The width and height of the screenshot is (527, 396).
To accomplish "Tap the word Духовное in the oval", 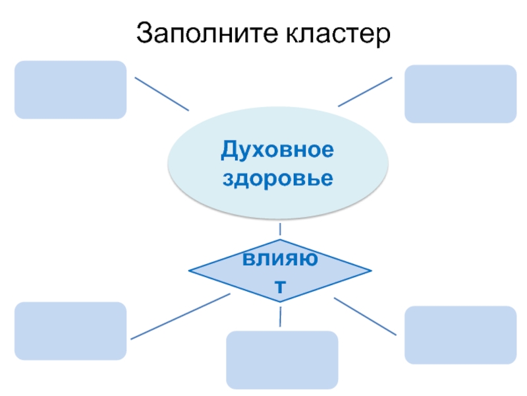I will (277, 150).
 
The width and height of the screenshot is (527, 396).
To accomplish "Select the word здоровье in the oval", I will (277, 178).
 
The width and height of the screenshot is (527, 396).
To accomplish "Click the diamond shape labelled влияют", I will (280, 271).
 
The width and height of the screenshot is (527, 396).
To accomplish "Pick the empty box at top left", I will (70, 90).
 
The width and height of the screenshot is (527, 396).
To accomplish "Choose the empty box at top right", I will (460, 94).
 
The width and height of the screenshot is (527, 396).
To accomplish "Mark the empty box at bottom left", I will (70, 331).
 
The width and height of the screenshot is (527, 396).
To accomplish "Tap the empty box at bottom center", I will (282, 360).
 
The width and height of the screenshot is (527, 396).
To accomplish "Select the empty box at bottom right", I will (460, 335).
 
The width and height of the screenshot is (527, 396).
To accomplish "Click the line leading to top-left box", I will (162, 94).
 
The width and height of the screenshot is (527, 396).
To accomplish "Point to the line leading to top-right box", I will (365, 91).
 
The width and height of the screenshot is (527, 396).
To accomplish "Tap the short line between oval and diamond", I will (281, 229).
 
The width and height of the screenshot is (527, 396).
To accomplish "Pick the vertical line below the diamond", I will (281, 315).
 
